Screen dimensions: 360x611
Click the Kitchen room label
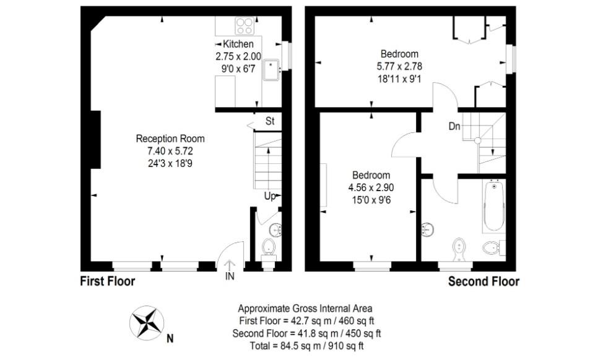[238, 44]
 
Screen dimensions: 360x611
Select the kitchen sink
[272, 71]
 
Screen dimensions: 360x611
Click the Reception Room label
[170, 139]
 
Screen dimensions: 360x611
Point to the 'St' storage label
[270, 121]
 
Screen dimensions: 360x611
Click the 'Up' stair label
[270, 196]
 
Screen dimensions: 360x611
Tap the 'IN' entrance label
[230, 276]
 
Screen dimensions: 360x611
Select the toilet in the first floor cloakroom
[268, 247]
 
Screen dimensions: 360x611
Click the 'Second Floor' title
[483, 281]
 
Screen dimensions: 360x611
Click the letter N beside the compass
[170, 338]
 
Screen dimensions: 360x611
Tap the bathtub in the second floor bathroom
[494, 205]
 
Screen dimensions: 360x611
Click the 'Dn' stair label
[454, 127]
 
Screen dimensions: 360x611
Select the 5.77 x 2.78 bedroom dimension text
[399, 65]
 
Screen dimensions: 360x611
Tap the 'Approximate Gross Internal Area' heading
[305, 308]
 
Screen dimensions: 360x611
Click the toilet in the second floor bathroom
[491, 248]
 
